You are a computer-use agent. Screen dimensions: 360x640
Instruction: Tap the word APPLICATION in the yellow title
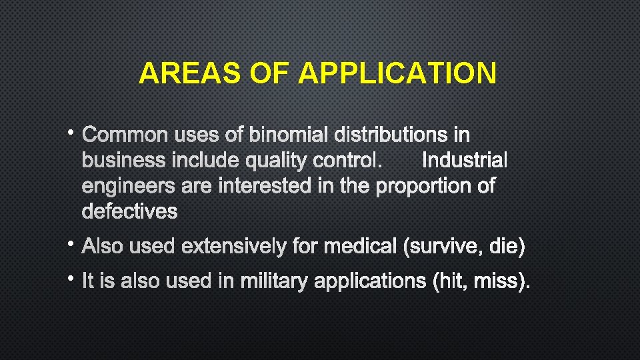(x=397, y=73)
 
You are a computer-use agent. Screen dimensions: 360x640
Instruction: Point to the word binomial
(x=289, y=135)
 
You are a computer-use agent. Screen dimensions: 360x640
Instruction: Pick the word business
(x=123, y=161)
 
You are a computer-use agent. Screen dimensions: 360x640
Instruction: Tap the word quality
(x=270, y=161)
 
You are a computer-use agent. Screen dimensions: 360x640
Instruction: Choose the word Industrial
(x=465, y=161)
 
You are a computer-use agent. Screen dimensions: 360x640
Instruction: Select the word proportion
(x=425, y=186)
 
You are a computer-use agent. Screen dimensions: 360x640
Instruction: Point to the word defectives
(x=129, y=211)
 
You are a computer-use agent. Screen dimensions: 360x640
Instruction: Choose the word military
(x=275, y=281)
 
